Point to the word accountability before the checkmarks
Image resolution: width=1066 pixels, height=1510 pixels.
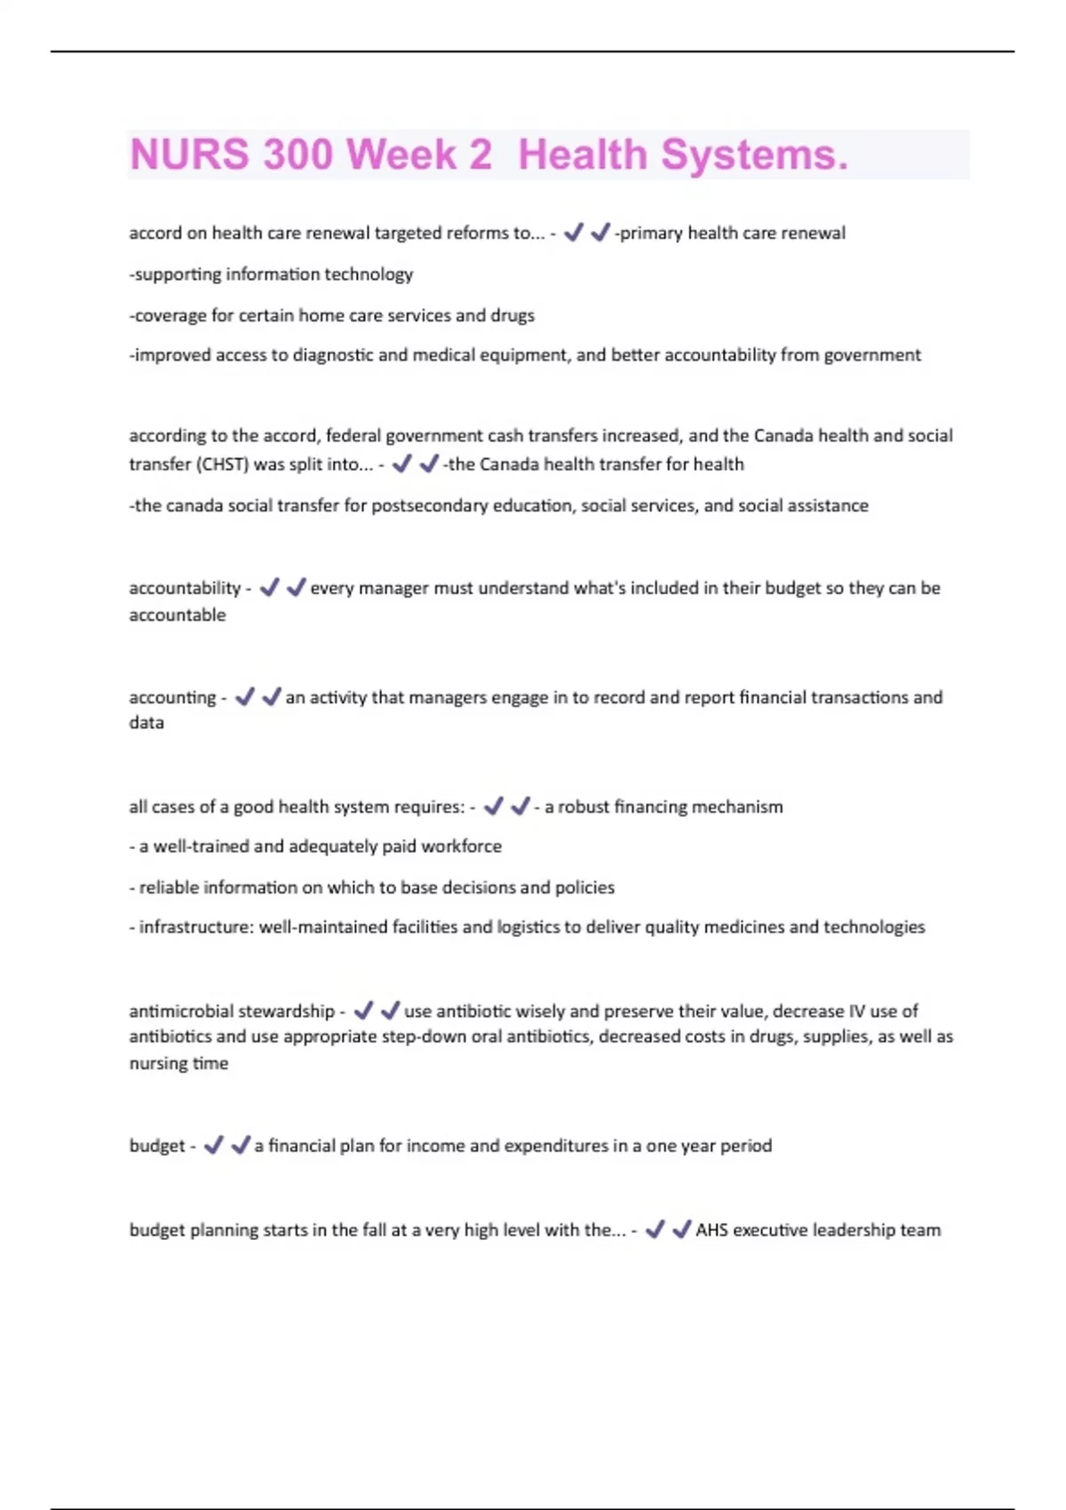pyautogui.click(x=185, y=588)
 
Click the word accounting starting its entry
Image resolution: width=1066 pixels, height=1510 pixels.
pyautogui.click(x=172, y=697)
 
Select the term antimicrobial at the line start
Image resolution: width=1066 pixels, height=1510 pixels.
pyautogui.click(x=179, y=1011)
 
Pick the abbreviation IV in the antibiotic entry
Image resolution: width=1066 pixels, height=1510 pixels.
pyautogui.click(x=856, y=1011)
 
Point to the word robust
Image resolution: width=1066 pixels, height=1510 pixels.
pyautogui.click(x=583, y=807)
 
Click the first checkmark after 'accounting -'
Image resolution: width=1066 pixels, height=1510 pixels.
pyautogui.click(x=245, y=696)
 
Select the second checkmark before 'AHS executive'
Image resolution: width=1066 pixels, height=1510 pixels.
pyautogui.click(x=681, y=1229)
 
